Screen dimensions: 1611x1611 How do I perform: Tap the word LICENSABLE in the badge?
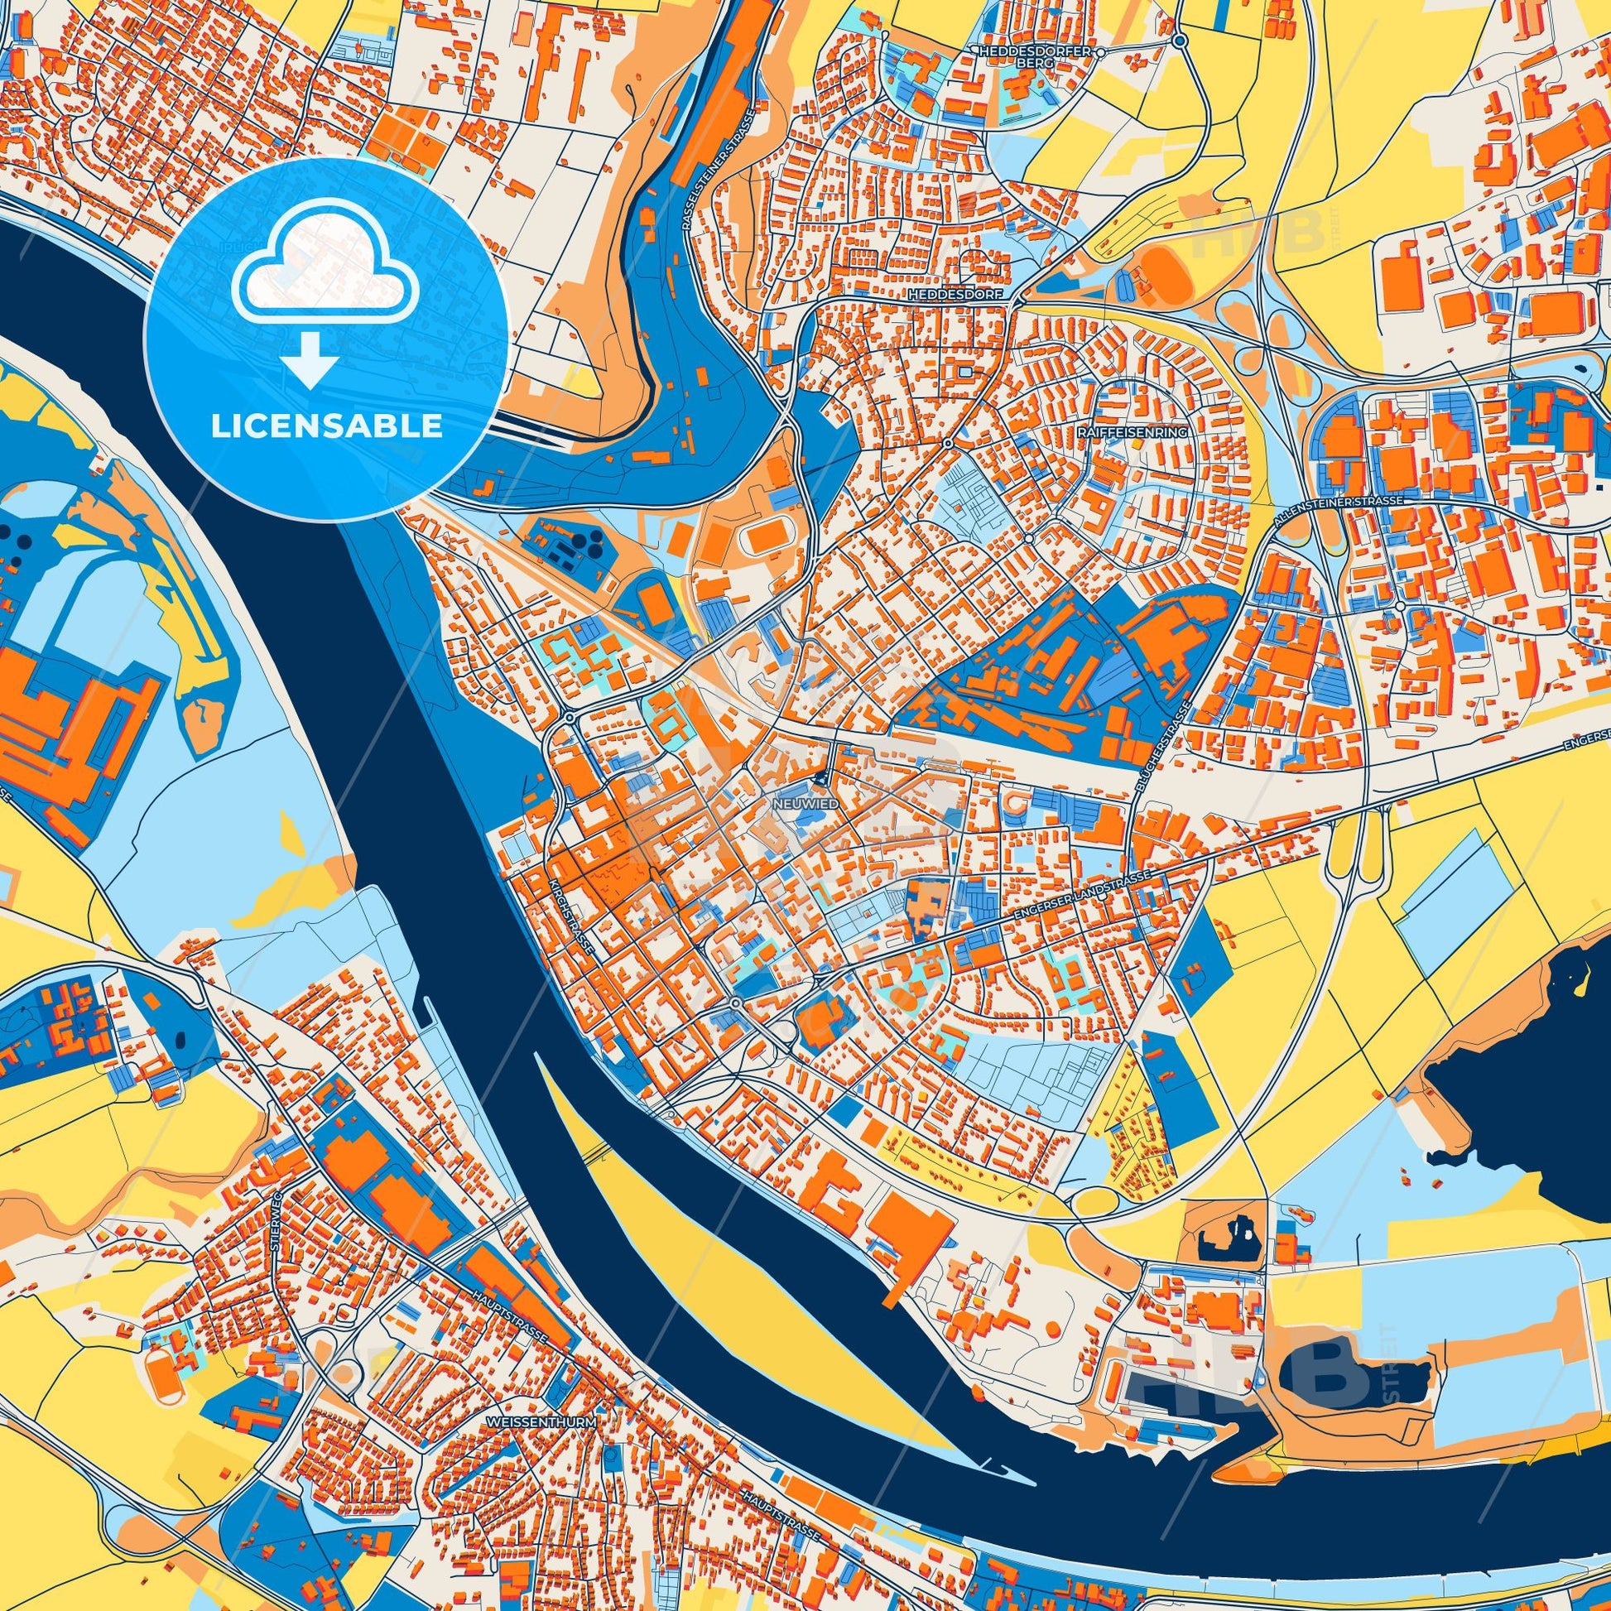pos(326,426)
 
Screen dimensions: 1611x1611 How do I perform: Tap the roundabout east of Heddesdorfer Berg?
pos(1178,40)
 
